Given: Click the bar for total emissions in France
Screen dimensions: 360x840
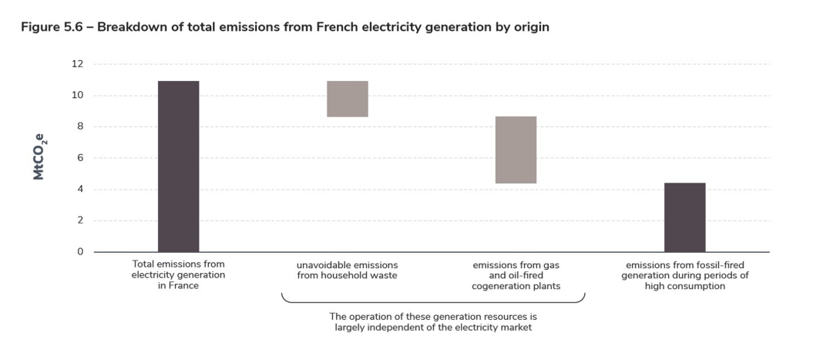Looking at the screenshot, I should point(178,166).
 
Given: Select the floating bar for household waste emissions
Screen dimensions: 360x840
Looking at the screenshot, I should point(347,99).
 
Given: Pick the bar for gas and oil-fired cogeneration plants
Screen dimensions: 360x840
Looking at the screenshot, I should point(516,150).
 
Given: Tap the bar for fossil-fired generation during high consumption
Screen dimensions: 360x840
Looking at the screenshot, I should point(684,217).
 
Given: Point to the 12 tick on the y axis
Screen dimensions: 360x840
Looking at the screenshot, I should point(77,64).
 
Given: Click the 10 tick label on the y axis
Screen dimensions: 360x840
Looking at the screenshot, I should point(77,96).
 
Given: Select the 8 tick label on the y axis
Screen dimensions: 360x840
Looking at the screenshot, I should point(78,126).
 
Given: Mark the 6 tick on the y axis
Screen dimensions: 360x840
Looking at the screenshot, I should point(78,158).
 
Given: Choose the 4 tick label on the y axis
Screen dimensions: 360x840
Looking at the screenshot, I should point(78,190).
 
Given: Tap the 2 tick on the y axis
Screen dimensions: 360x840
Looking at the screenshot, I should point(78,220).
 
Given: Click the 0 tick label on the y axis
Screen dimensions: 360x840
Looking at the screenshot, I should point(78,252).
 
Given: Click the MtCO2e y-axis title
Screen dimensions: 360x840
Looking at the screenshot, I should point(39,158).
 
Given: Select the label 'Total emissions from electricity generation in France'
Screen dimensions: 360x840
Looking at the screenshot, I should point(178,274).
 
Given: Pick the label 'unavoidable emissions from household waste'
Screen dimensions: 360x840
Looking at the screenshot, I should point(347,270).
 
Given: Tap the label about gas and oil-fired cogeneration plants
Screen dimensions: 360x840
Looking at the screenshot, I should point(516,274).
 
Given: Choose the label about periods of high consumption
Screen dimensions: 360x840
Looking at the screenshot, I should point(684,274).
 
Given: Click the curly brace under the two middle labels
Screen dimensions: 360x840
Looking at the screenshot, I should point(432,299).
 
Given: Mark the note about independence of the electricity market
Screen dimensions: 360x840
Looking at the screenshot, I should point(432,321).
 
